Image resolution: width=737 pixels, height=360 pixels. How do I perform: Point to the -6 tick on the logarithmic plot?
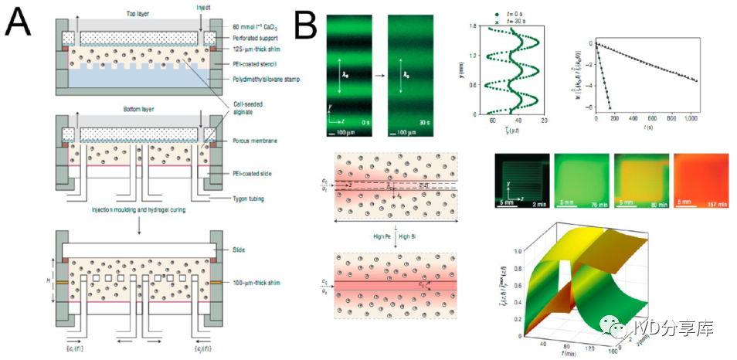[x=589, y=106]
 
